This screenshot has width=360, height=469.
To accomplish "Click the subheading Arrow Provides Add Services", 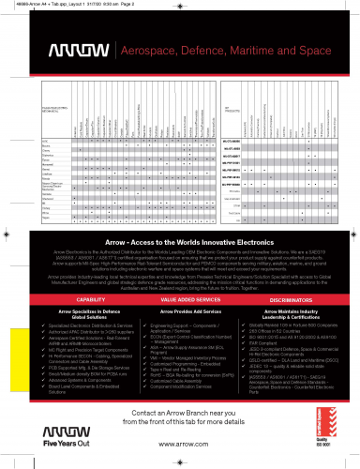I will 180,336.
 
